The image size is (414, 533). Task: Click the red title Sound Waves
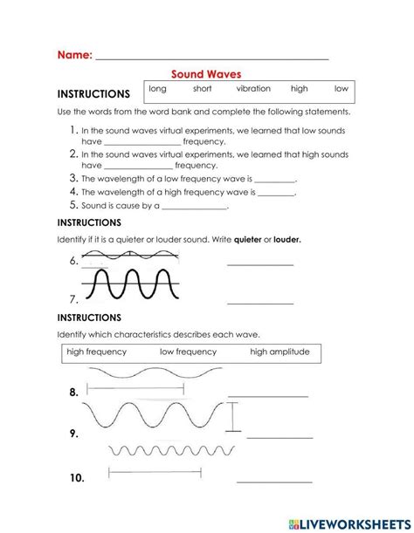pos(205,75)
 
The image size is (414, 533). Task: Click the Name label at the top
pos(74,54)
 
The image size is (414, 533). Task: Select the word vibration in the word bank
pos(253,89)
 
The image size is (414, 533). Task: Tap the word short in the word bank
pos(202,89)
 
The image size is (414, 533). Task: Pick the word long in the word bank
pos(157,89)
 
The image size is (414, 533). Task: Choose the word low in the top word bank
pos(341,89)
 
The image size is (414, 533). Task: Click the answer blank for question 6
pos(259,265)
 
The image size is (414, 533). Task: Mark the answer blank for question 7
pos(259,303)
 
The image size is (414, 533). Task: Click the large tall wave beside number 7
pos(131,284)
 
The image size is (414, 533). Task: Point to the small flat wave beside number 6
pos(131,257)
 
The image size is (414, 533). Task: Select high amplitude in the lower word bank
pos(279,352)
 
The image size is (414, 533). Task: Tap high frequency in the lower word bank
pos(97,352)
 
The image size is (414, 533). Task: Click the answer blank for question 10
pos(274,481)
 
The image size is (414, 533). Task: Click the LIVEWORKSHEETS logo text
pos(358,520)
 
